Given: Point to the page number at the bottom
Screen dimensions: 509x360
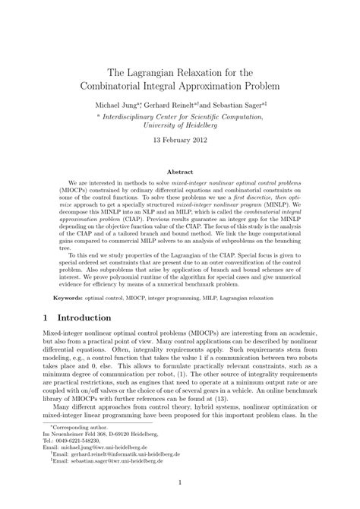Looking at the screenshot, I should (x=180, y=501).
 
